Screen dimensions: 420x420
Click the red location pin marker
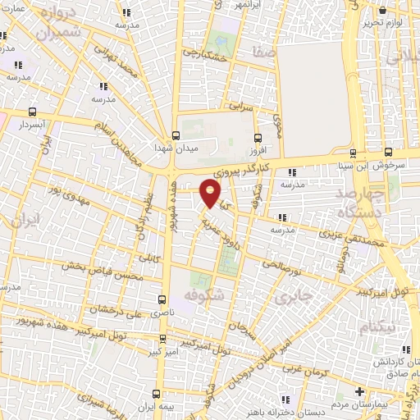tap(211, 193)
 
